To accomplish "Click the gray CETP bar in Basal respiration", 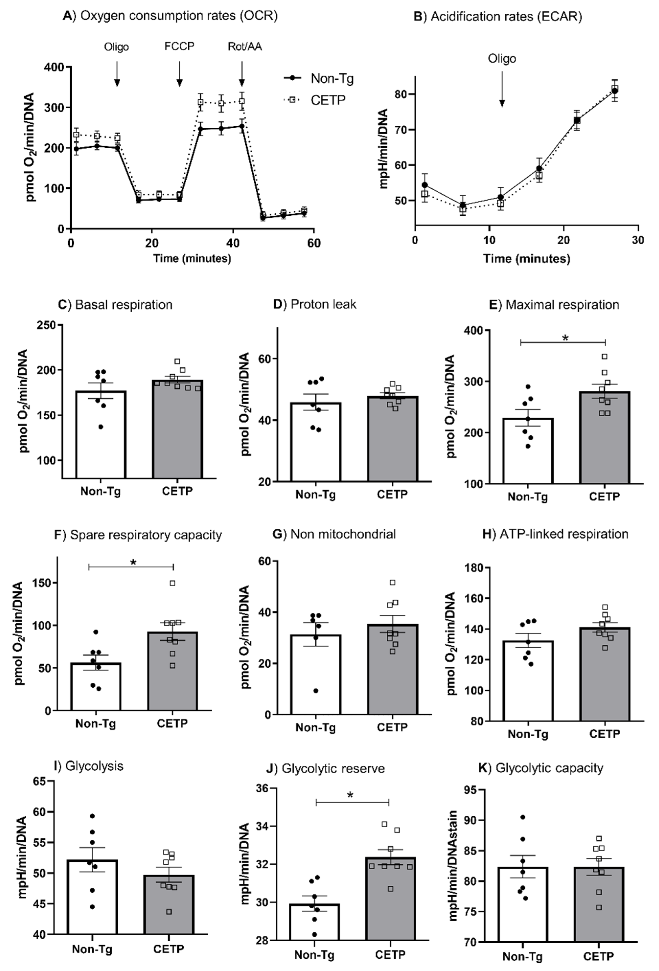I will pyautogui.click(x=178, y=430).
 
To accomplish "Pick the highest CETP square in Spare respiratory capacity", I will pyautogui.click(x=172, y=583).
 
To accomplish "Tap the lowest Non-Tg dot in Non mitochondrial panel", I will pyautogui.click(x=316, y=691).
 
